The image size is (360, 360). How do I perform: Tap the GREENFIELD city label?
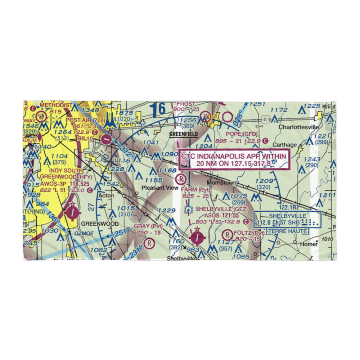coord(184,134)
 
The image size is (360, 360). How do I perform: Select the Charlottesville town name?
coord(298,127)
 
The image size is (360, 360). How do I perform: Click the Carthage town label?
coord(285,145)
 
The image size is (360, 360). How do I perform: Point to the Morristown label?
coord(222,183)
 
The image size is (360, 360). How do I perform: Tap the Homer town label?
coord(309,244)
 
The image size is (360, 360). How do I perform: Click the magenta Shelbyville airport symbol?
coord(197,237)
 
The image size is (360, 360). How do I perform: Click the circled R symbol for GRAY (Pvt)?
coord(148,244)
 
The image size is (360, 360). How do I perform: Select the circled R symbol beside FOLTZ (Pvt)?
coord(227,235)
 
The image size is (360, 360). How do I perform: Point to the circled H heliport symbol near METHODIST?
coord(42,116)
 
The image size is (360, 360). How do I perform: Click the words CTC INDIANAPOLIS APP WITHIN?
coord(234,156)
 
